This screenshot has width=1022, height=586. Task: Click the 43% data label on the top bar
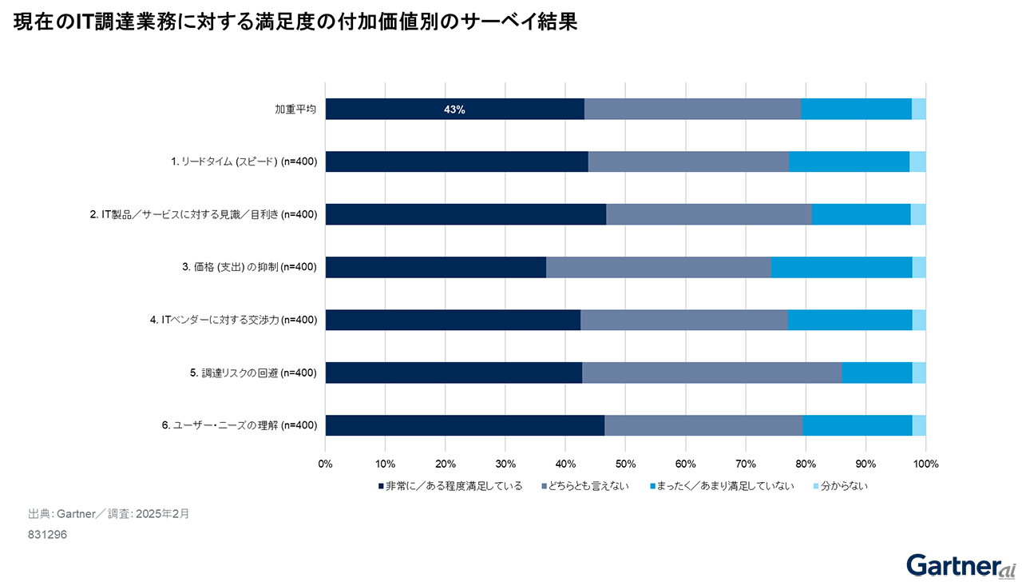[x=454, y=110]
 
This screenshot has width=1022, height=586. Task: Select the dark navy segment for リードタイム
[x=457, y=161]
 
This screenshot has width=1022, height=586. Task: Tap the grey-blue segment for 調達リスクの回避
[x=711, y=373]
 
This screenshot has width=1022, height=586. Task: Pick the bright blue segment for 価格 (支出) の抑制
[x=842, y=267]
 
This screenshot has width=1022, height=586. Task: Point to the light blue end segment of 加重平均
[x=918, y=110]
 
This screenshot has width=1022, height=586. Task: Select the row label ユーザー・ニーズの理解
[x=240, y=425]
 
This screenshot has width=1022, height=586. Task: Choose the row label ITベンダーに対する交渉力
[x=233, y=320]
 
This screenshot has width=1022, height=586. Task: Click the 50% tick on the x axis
[x=625, y=463]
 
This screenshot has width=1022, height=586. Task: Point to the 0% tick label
[x=326, y=463]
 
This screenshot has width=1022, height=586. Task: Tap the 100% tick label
[x=925, y=463]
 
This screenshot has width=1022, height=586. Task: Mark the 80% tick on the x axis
[x=806, y=463]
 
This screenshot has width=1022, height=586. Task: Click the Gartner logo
[x=961, y=564]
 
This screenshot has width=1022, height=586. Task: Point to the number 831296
[x=47, y=535]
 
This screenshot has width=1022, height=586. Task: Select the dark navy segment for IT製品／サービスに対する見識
[x=465, y=214]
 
